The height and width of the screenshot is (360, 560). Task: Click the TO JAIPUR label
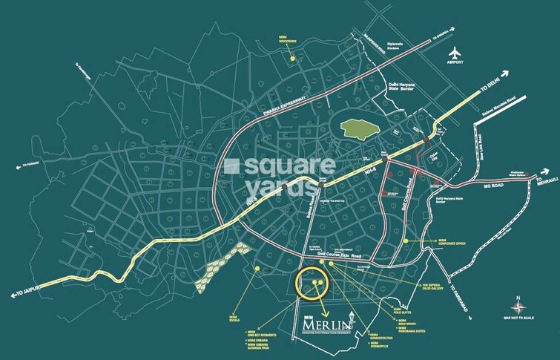tap(26, 295)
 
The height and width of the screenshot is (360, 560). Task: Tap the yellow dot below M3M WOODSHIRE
tap(294, 57)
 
